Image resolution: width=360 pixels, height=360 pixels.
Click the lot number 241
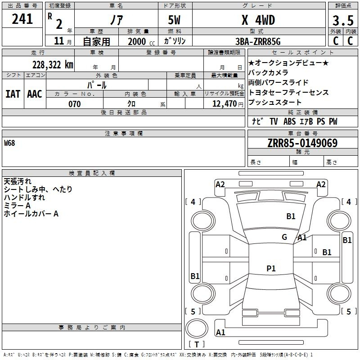[x=22, y=19]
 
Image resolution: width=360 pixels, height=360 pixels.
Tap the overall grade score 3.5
[x=343, y=20]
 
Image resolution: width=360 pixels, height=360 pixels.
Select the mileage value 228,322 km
[x=53, y=65]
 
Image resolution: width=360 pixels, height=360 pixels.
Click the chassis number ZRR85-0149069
[x=302, y=143]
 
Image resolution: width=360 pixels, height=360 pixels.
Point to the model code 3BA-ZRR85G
[x=258, y=41]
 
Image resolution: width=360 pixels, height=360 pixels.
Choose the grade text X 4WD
[x=258, y=20]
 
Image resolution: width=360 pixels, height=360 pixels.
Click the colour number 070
[x=75, y=104]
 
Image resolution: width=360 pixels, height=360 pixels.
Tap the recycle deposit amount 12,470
[x=225, y=104]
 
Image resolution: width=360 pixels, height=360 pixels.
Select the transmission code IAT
[x=13, y=94]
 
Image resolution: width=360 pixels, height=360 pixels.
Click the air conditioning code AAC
[x=35, y=94]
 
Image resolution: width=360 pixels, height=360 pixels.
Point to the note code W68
[x=9, y=143]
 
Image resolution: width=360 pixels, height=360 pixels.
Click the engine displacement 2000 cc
[x=141, y=42]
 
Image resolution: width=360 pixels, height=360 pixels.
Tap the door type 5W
[x=174, y=20]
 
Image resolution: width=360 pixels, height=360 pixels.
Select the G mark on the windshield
[x=284, y=237]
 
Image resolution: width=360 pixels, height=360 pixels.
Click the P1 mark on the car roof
[x=271, y=268]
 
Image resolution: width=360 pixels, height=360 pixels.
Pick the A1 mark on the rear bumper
[x=220, y=332]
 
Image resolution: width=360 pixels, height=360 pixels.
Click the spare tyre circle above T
[x=197, y=328]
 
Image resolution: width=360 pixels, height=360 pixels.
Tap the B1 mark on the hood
[x=291, y=216]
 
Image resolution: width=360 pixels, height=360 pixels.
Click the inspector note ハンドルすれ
[x=24, y=198]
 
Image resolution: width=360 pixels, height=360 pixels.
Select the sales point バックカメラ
[x=268, y=72]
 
